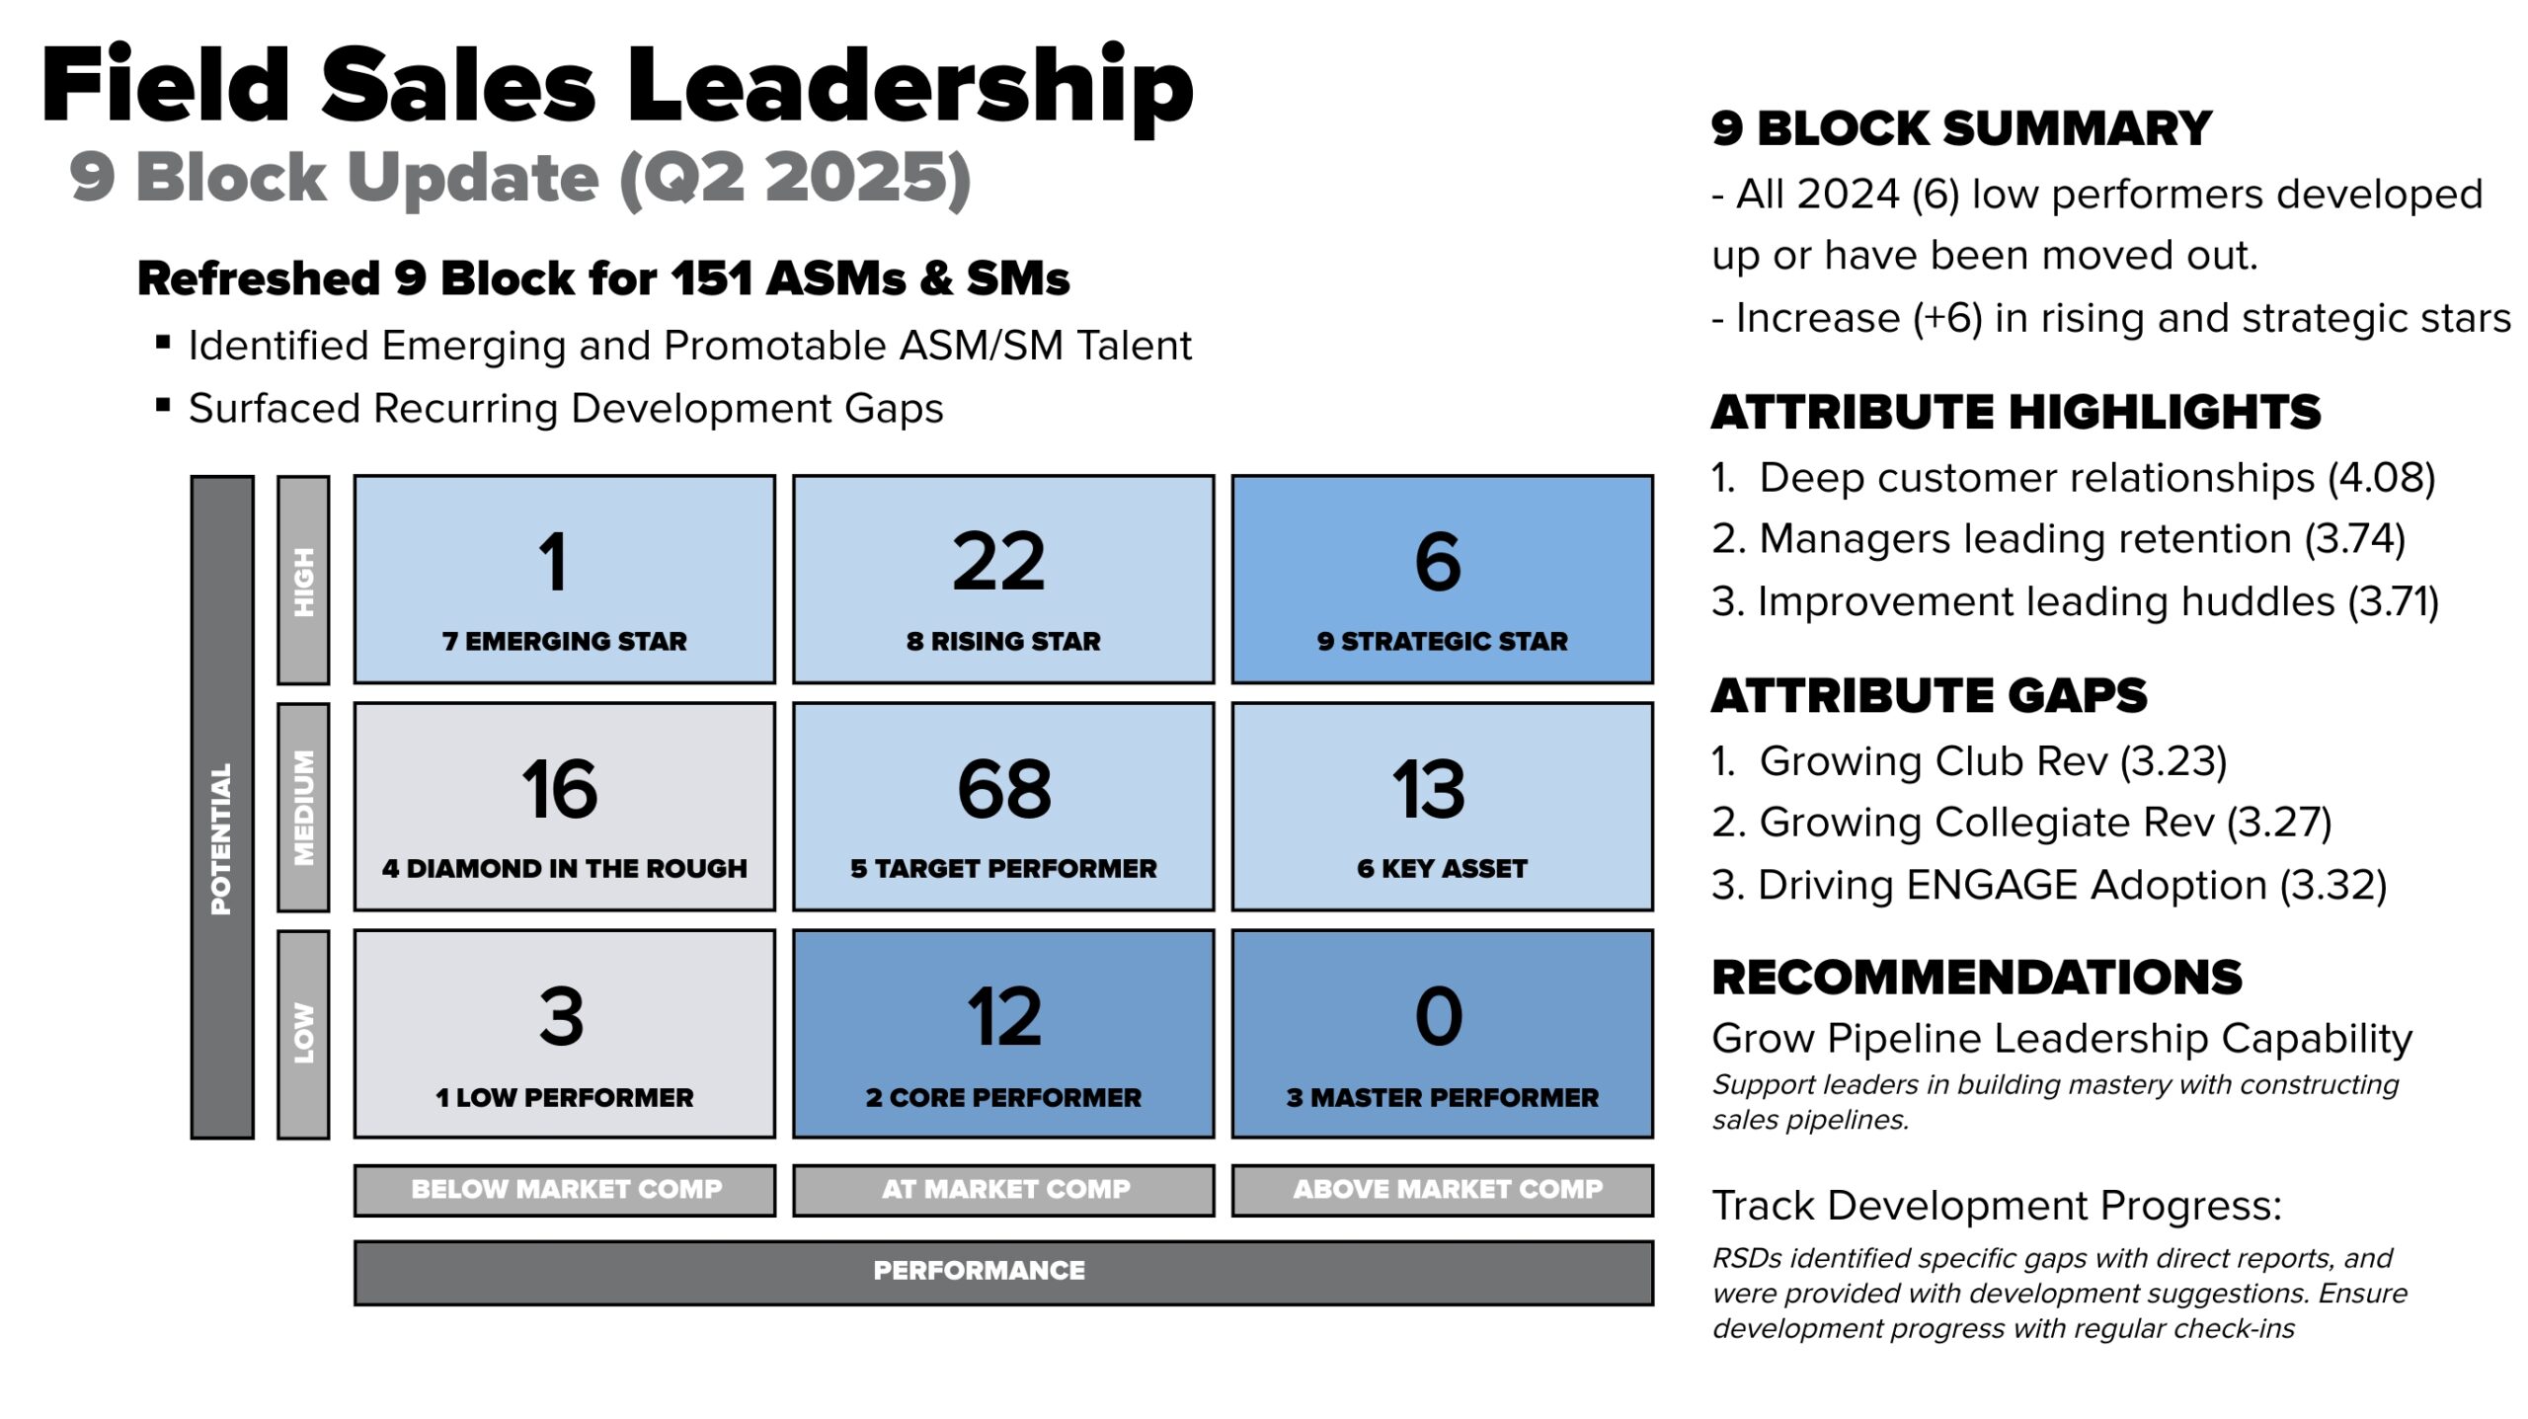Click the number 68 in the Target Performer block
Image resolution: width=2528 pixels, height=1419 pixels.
[x=1003, y=789]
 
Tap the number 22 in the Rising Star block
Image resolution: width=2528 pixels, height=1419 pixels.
[x=998, y=562]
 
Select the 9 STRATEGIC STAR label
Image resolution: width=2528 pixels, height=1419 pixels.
[x=1442, y=641]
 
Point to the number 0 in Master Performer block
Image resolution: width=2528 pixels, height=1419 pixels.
[x=1439, y=1016]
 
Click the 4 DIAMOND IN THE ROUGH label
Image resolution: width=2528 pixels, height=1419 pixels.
[x=564, y=869]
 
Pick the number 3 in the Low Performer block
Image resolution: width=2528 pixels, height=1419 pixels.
[x=561, y=1016]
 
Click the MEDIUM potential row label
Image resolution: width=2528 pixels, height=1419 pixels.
[x=303, y=807]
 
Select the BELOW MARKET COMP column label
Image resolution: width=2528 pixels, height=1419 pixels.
[x=565, y=1189]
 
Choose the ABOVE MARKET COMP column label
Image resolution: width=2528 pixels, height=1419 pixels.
[x=1447, y=1189]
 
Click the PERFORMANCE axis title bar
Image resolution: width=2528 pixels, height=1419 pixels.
[x=979, y=1271]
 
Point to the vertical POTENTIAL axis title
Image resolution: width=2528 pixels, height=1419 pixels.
[x=221, y=838]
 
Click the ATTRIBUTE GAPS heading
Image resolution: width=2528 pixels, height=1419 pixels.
[x=1929, y=695]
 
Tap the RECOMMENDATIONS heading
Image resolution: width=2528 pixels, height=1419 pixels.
[x=1977, y=977]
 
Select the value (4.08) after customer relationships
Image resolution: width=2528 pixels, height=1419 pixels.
[x=2381, y=478]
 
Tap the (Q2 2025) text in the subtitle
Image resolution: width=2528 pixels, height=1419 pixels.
[x=795, y=179]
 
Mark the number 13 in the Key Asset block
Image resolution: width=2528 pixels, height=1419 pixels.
[x=1428, y=789]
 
